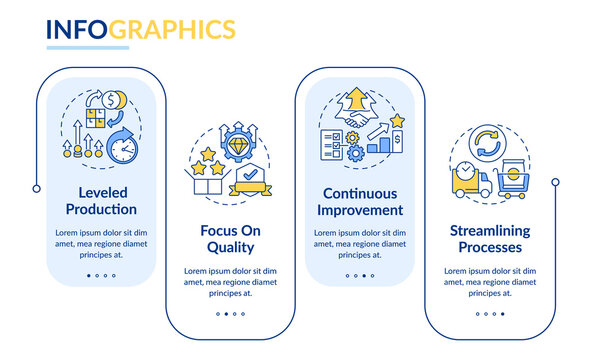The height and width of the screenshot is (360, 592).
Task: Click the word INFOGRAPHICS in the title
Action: click(x=141, y=28)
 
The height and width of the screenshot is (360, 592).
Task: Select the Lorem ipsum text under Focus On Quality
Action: click(x=227, y=281)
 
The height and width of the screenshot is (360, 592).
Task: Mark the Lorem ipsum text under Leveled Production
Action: click(x=101, y=244)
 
